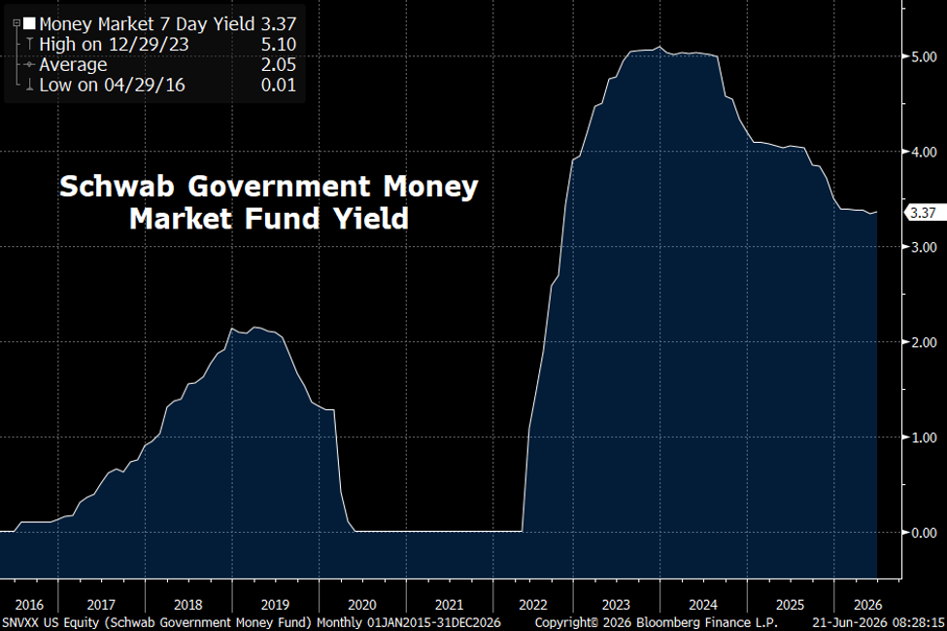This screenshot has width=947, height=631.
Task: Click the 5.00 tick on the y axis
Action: tap(924, 56)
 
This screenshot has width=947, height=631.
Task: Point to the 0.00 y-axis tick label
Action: tap(924, 533)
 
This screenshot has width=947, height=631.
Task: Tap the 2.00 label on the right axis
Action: tap(924, 342)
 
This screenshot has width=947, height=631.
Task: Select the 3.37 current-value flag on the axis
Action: tap(924, 212)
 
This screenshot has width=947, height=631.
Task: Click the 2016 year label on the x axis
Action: tap(29, 605)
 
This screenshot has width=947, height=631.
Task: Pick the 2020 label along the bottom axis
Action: tap(362, 605)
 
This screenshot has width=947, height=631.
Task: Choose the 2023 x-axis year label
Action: tap(616, 605)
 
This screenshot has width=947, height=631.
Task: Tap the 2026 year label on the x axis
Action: tap(868, 605)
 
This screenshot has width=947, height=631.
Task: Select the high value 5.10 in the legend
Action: tap(279, 44)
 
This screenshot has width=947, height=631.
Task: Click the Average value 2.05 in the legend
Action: tap(279, 65)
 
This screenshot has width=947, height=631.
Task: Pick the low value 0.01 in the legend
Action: tap(279, 86)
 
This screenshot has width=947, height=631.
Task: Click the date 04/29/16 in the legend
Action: tap(145, 86)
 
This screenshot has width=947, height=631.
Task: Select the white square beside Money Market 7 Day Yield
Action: tap(29, 24)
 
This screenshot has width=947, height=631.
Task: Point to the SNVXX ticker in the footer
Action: tap(20, 622)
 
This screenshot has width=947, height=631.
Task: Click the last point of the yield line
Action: tap(877, 212)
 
